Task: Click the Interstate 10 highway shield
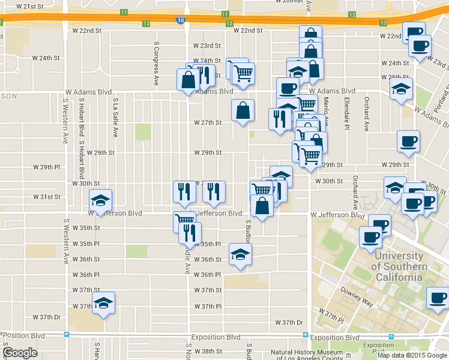pos(181,20)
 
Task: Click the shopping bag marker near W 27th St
pos(243,110)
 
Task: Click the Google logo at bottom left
pos(20,353)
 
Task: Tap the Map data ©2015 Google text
pos(412,355)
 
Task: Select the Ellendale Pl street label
pos(346,114)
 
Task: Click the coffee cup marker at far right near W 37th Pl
pos(438,298)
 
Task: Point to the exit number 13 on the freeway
pos(383,23)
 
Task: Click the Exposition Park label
pos(378,348)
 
